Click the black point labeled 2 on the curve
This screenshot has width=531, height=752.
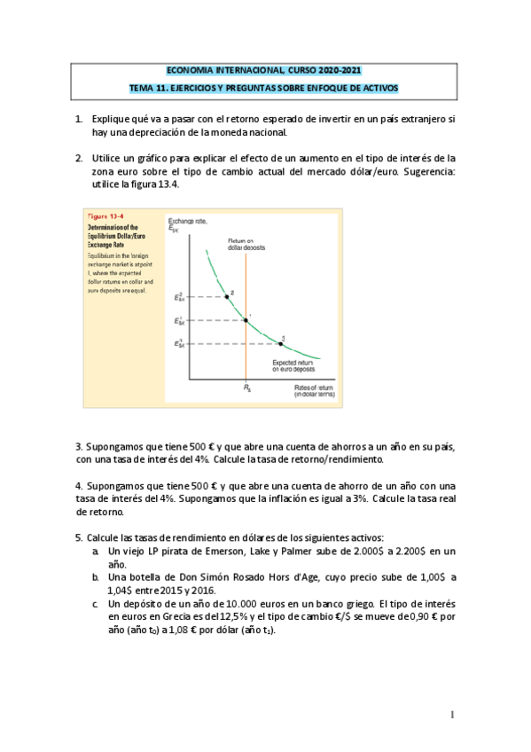226,296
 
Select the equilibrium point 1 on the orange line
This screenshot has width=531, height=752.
246,319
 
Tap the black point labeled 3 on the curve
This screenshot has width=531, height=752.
281,342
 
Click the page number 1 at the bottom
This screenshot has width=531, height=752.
452,714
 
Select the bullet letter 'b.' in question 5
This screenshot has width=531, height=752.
96,576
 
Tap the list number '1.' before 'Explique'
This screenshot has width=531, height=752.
79,119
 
